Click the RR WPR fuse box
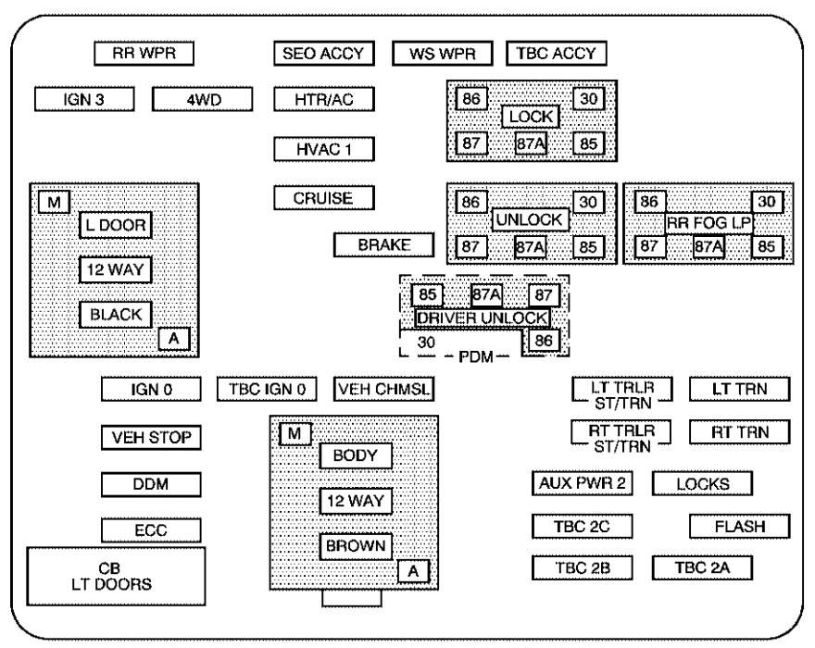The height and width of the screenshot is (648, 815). click(x=144, y=53)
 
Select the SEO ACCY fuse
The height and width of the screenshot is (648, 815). click(x=324, y=53)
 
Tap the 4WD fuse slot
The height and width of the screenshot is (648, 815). click(x=203, y=99)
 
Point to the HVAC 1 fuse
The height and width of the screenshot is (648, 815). click(x=324, y=149)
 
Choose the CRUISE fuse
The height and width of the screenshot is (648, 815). click(x=324, y=198)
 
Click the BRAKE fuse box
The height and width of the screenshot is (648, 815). click(x=383, y=244)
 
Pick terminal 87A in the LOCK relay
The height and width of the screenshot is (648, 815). click(x=531, y=143)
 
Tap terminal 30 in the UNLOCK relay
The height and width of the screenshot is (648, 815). click(x=588, y=202)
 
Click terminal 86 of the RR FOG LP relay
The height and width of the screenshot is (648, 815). click(x=650, y=202)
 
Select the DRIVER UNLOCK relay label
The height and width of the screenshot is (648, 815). click(x=482, y=318)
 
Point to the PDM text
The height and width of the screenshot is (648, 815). click(x=476, y=357)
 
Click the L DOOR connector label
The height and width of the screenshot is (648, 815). click(x=116, y=225)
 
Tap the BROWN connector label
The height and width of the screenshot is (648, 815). click(x=356, y=546)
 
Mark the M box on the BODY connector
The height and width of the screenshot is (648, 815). click(x=295, y=434)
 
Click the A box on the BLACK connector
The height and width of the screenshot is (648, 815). click(x=173, y=339)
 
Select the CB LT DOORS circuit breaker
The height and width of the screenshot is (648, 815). click(x=116, y=577)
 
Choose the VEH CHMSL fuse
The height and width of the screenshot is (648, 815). click(x=383, y=389)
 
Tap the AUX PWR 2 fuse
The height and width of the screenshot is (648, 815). click(x=583, y=483)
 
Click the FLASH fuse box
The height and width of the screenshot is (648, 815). click(x=740, y=527)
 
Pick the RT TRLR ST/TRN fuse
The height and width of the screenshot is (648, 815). click(x=621, y=438)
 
